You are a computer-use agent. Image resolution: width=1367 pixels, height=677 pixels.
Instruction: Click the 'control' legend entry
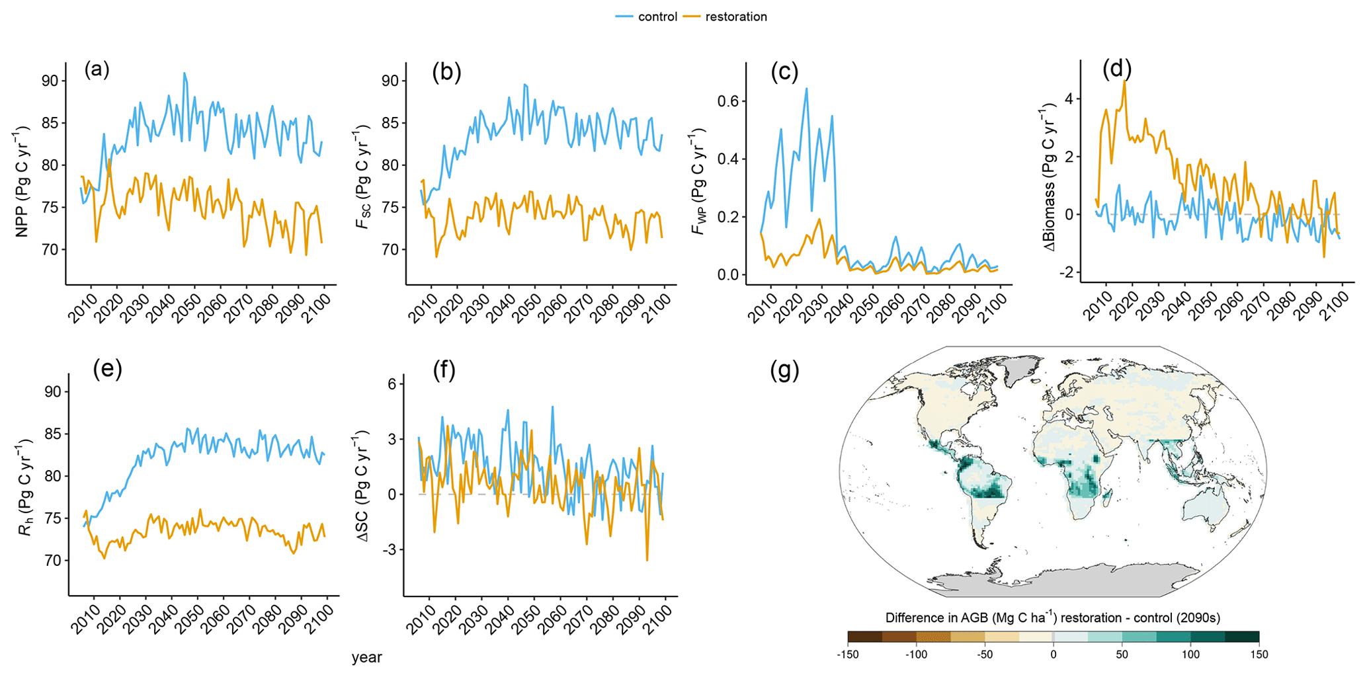(x=657, y=17)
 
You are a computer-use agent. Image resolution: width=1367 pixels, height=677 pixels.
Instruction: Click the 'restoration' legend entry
(x=735, y=17)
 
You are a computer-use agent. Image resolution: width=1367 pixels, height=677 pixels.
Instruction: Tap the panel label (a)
(x=97, y=69)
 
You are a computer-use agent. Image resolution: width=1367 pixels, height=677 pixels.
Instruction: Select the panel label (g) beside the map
(x=785, y=371)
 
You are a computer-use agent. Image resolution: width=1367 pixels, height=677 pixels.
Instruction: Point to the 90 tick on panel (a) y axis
(x=50, y=81)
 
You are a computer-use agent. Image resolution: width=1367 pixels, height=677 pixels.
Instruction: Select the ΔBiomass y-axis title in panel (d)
(x=1049, y=177)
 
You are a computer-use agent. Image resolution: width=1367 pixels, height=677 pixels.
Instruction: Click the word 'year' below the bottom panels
(x=366, y=657)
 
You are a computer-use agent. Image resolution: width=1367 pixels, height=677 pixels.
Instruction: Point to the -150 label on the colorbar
(x=847, y=655)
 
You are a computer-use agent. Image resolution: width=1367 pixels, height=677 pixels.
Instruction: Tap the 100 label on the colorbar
(x=1190, y=655)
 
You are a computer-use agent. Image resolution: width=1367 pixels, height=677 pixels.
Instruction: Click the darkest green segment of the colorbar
(x=1241, y=637)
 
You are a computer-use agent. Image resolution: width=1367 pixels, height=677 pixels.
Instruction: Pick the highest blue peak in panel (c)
(x=806, y=89)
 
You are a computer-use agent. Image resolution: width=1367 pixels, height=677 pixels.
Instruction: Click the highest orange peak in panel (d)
(x=1124, y=81)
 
